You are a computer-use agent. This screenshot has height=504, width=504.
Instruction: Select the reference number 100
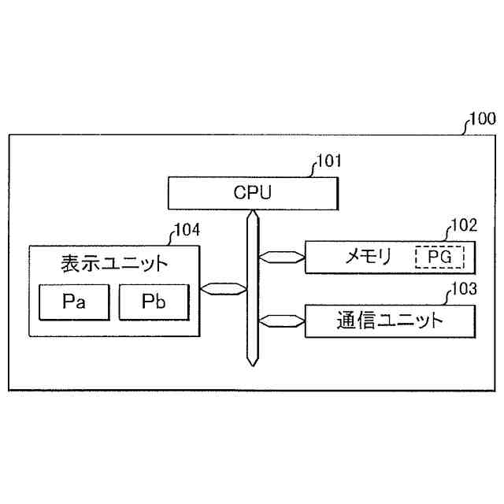(481, 120)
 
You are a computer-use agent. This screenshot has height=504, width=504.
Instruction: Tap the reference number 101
(328, 163)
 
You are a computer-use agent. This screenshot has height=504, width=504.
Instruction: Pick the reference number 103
(463, 289)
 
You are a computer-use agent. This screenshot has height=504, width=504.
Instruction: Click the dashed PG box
(439, 257)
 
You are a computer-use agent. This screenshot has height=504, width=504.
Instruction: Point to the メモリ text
(369, 257)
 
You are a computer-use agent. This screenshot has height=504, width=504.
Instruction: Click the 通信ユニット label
(390, 321)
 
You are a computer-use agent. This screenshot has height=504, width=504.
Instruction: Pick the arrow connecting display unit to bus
(223, 288)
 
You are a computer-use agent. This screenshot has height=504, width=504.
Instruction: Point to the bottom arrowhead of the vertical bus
(251, 361)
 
